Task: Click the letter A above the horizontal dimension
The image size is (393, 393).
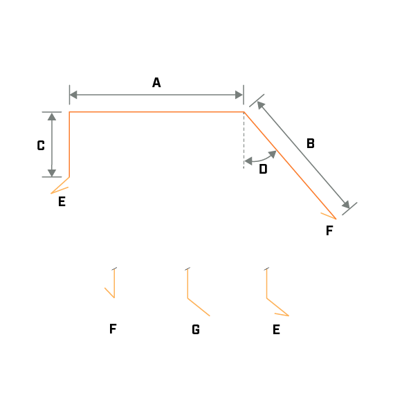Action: (156, 82)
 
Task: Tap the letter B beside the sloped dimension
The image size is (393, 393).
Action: (311, 143)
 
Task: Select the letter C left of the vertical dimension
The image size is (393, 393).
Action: (41, 145)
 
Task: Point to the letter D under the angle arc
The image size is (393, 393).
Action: (263, 170)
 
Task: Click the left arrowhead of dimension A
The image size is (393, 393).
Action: (73, 95)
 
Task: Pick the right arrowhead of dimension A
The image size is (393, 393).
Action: (239, 95)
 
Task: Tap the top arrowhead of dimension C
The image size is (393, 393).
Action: (52, 116)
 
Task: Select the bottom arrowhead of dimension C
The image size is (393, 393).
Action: (52, 173)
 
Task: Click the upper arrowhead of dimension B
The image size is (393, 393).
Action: (261, 105)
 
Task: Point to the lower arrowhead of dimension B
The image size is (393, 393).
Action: (346, 204)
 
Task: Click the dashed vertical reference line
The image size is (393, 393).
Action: (244, 140)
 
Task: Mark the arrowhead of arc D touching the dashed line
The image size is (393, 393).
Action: (248, 161)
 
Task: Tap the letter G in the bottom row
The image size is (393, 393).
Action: (196, 329)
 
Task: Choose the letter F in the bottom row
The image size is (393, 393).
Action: (113, 329)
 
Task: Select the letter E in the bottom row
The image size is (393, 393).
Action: (276, 329)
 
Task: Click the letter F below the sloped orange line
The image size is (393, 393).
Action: (329, 230)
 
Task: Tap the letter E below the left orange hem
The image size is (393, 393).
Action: (62, 201)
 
